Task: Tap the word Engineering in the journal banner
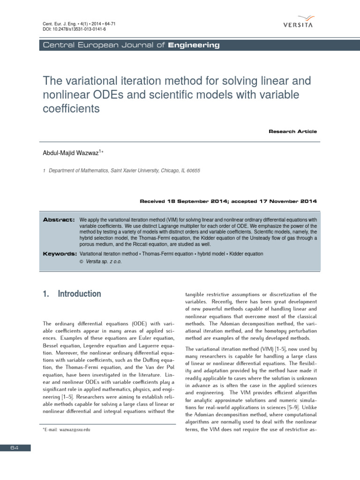194,45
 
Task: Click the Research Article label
292,132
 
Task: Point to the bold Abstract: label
59,219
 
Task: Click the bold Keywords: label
60,254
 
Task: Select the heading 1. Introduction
72,294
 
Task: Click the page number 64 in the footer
15,448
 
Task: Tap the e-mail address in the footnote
71,430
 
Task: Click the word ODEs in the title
112,95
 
